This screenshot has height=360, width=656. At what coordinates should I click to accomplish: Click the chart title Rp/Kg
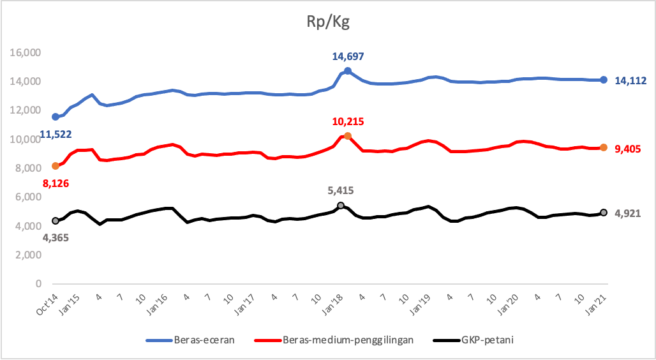[327, 23]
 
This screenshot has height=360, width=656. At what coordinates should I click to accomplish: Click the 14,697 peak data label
[348, 57]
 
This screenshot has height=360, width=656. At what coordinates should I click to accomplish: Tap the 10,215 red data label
[348, 122]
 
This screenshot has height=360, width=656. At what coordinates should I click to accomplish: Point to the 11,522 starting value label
[55, 135]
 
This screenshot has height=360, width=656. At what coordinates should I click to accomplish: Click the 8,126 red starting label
[55, 183]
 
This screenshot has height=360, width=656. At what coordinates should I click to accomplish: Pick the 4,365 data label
[55, 237]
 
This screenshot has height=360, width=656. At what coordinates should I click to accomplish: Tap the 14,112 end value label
[630, 80]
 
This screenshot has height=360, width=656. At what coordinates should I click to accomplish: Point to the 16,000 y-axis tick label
[26, 53]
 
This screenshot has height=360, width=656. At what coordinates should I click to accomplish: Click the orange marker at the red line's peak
[348, 136]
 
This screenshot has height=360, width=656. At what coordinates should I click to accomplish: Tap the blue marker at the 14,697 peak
[348, 71]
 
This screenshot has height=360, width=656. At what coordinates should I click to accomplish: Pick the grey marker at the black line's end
[604, 213]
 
